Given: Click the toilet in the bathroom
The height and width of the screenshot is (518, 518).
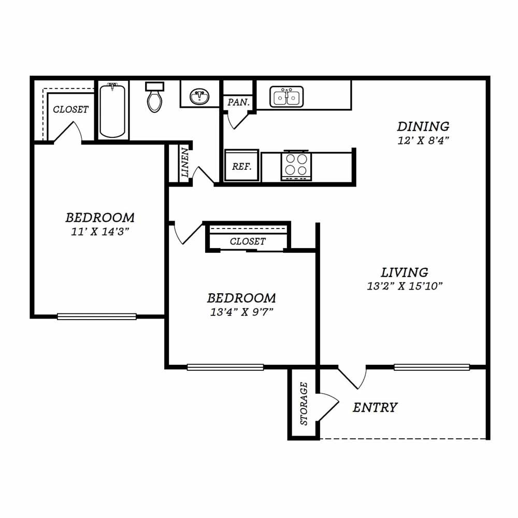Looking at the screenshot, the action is coord(154,97).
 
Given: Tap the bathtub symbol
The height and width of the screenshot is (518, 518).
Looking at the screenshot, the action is coord(112,110).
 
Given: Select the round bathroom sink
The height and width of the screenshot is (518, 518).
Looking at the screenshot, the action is coord(199,97).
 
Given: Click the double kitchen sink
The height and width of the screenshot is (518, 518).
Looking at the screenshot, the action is coord(286,97).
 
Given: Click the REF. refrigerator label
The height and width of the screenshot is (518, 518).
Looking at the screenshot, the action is coord(241,166).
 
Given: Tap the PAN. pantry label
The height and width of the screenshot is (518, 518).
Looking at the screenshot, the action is coord(238,103).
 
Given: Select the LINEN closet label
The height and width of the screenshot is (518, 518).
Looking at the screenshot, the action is coord(185,162).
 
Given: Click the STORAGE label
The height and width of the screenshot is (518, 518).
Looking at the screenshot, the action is coord(304,404).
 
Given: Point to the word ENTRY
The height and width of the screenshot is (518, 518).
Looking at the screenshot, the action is coord(375,408).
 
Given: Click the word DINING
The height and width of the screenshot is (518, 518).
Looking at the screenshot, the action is coord(423,126).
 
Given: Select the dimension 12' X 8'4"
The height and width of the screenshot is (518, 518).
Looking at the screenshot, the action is coord(423,141).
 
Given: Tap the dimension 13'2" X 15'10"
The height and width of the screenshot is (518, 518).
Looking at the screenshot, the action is coord(405,286).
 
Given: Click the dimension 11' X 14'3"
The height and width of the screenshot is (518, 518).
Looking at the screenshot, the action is coord(100,232).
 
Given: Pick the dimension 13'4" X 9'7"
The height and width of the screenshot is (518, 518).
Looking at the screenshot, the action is coord(241,312).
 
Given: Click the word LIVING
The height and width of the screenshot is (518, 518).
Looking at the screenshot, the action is coord(405,272).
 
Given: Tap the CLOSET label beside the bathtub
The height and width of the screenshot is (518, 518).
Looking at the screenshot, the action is coord(70,109).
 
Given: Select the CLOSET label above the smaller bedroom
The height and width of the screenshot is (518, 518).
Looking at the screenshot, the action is coord(248,241).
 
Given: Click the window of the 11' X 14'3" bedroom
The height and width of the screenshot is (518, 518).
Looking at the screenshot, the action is coord(97,316).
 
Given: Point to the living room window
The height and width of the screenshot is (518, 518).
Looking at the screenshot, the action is coord(432,367).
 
